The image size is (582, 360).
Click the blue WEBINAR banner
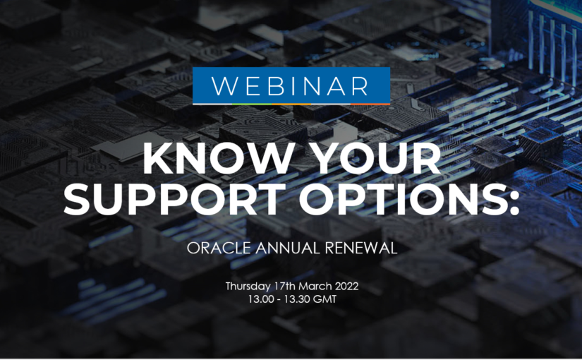pyautogui.click(x=291, y=85)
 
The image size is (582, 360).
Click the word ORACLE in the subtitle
pyautogui.click(x=214, y=248)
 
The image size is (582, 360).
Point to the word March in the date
pyautogui.click(x=314, y=287)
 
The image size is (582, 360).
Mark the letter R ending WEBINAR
pyautogui.click(x=358, y=85)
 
